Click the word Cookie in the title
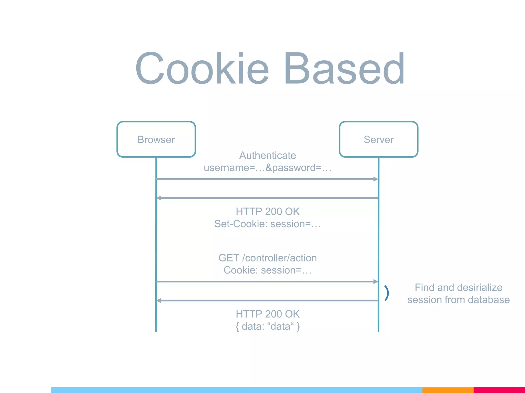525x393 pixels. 202,68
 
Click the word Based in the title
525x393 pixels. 344,68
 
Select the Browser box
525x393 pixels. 156,139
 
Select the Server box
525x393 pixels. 378,139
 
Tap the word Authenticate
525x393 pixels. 268,155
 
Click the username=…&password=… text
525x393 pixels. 268,168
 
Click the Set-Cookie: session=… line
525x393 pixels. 268,224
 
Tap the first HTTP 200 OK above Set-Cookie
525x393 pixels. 268,212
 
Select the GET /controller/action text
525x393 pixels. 268,258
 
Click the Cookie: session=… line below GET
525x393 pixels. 268,270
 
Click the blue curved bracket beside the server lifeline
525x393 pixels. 387,293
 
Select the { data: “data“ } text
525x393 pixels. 268,326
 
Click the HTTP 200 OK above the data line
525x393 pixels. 268,314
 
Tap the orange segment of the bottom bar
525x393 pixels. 448,390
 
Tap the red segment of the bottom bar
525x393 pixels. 499,390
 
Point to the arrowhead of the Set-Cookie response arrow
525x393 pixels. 159,198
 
